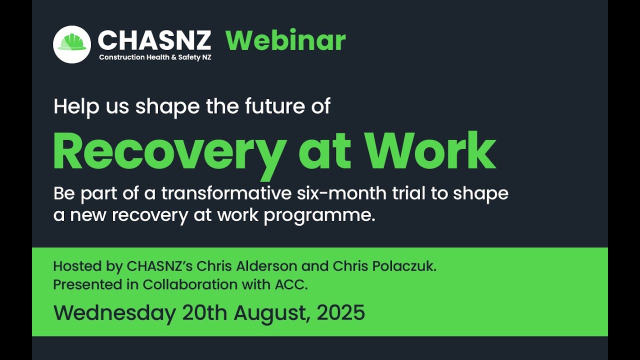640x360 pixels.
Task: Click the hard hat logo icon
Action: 72,44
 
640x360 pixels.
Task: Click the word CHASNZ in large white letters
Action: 154,40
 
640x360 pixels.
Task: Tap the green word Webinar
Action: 285,40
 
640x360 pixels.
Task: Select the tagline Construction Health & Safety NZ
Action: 155,57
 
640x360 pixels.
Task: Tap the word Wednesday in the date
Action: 114,313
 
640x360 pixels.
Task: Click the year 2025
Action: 341,313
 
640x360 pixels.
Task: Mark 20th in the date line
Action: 204,313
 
